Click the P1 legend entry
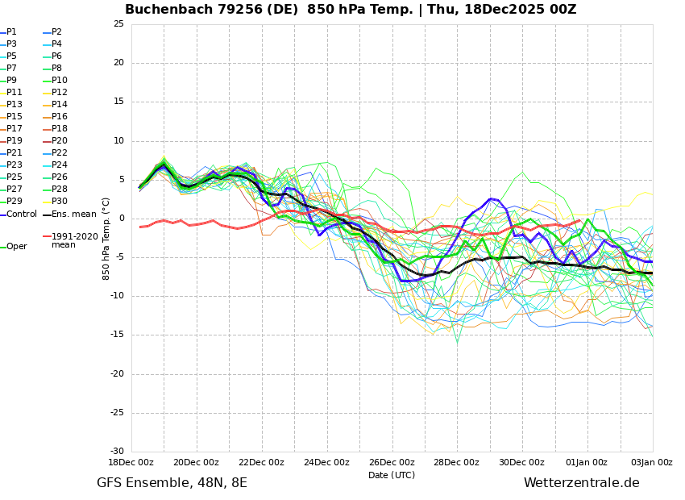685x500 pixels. tap(11, 32)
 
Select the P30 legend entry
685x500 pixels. tap(60, 202)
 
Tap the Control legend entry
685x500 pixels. tap(21, 214)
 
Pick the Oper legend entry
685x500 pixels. tap(16, 247)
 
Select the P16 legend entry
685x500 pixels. tap(60, 117)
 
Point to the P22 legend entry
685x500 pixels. tap(60, 153)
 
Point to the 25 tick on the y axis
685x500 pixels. tap(118, 24)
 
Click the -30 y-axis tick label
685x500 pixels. tap(117, 452)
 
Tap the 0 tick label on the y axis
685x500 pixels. tap(121, 219)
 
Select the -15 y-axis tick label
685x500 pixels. tap(117, 335)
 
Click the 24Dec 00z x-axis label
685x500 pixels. tap(326, 463)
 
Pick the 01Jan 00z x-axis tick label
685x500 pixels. tap(587, 463)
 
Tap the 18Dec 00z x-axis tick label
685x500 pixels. tap(131, 463)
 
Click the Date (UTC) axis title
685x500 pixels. tap(392, 475)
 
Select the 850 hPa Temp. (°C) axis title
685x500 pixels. tap(106, 238)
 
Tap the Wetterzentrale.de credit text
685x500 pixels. tap(581, 483)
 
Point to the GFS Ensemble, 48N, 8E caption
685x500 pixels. tap(172, 483)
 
